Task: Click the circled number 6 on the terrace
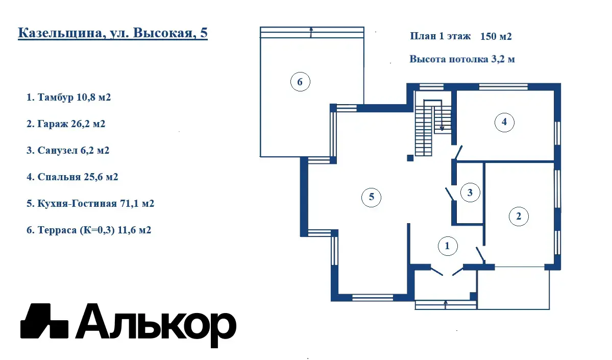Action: [300, 82]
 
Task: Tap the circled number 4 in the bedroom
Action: [504, 122]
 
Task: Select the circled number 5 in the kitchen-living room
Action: [371, 197]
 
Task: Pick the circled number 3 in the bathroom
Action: [470, 193]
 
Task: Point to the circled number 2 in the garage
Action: [519, 217]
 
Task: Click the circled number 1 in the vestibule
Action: [447, 246]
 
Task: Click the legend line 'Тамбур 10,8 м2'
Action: [69, 97]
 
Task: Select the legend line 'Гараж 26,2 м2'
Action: [66, 124]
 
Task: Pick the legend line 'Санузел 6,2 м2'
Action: [68, 150]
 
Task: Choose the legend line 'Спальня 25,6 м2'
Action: [72, 177]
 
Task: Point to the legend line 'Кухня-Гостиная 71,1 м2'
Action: [90, 203]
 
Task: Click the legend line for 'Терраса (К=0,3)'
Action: [89, 230]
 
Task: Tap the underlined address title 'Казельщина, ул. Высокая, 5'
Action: [113, 33]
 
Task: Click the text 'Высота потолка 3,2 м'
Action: [462, 59]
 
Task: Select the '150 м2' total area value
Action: [496, 36]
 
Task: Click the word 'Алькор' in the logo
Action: [156, 325]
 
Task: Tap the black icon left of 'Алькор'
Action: [44, 321]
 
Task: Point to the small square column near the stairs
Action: [410, 158]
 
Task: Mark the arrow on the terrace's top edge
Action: [311, 32]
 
